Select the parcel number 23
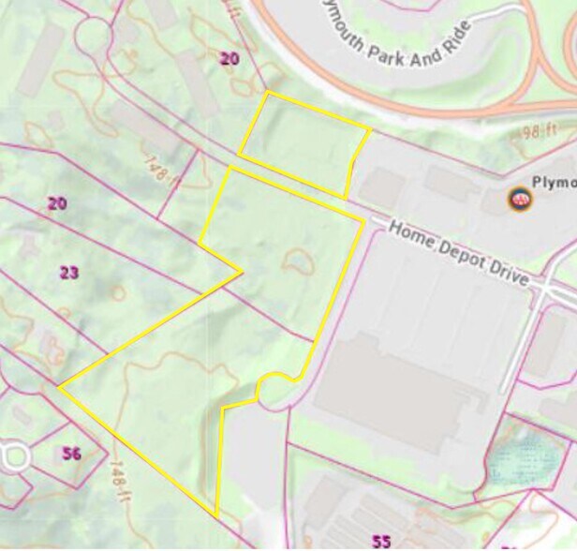(68, 273)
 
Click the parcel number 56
(71, 454)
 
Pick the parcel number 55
(380, 541)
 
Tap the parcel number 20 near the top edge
(229, 58)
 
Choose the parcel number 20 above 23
(57, 202)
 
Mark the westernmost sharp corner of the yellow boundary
(59, 386)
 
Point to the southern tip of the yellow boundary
(216, 515)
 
